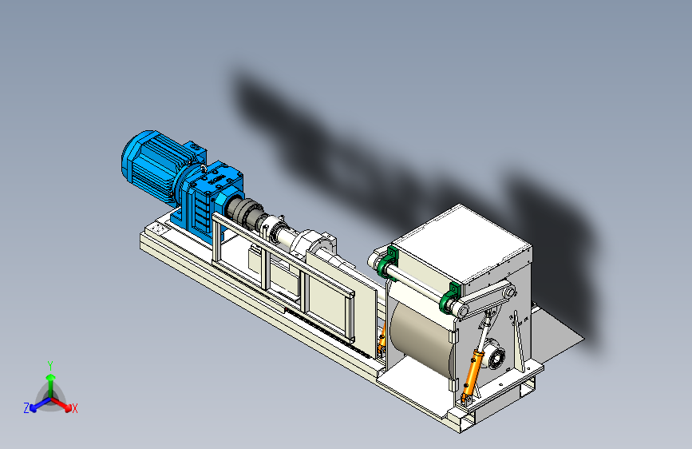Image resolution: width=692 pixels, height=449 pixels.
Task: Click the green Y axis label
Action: pyautogui.click(x=50, y=366)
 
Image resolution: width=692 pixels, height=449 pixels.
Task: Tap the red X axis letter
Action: pyautogui.click(x=74, y=408)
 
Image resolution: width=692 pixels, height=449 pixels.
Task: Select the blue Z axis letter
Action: pyautogui.click(x=26, y=408)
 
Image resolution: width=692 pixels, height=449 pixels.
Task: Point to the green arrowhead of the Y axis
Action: pyautogui.click(x=51, y=378)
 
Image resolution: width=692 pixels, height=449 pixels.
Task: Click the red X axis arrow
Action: pyautogui.click(x=61, y=403)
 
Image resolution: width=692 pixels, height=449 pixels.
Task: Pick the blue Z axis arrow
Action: pyautogui.click(x=40, y=404)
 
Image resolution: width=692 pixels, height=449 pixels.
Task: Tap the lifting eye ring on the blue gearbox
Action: pyautogui.click(x=203, y=168)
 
